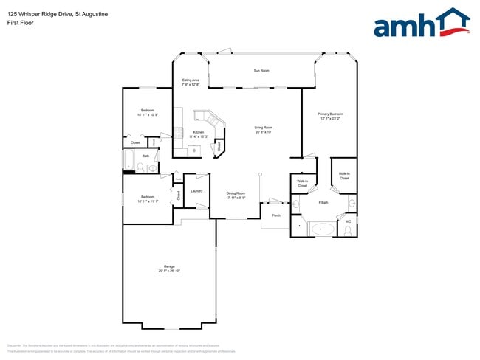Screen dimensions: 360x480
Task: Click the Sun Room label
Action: (x=261, y=71)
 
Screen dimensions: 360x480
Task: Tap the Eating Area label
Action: (x=191, y=82)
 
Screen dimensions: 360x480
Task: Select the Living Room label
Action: (x=264, y=130)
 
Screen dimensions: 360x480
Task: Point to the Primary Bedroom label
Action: (x=330, y=116)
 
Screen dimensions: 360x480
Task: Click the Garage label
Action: (x=169, y=269)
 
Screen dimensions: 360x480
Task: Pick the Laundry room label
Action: (x=196, y=191)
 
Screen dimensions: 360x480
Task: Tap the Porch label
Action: (x=276, y=215)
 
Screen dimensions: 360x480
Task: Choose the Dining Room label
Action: (x=236, y=195)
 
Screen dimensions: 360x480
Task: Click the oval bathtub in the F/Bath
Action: (x=323, y=229)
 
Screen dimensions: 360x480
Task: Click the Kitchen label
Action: (x=199, y=134)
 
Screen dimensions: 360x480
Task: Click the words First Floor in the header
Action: (x=21, y=23)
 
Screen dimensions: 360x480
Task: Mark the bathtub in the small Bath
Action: (x=129, y=161)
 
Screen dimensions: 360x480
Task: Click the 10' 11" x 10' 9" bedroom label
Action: (x=147, y=113)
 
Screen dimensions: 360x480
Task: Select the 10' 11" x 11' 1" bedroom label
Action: (x=148, y=199)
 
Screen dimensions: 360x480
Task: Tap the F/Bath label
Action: (x=323, y=202)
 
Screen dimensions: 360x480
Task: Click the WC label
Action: (x=348, y=221)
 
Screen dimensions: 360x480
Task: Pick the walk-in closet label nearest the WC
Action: (x=344, y=176)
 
